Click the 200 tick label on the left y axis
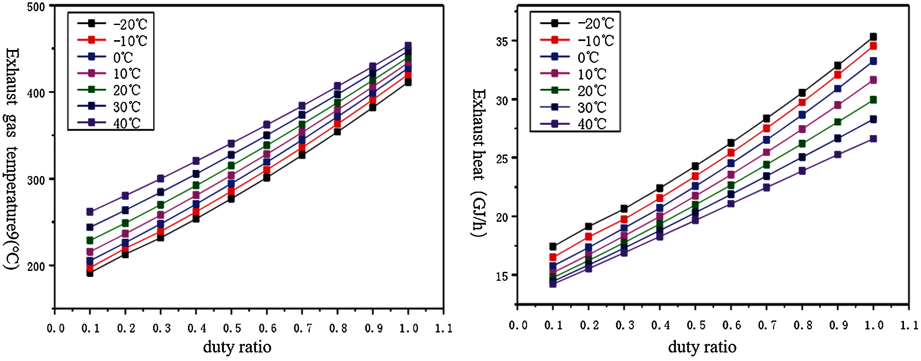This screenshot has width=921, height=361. coord(36,266)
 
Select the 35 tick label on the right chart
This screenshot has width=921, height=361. coord(502,42)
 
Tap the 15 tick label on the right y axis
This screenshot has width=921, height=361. coord(502,276)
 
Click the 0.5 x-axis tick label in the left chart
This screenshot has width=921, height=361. coord(232,328)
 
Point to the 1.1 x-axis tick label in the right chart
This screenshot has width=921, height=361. coord(909,325)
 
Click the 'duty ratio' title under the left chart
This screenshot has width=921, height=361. coord(237,347)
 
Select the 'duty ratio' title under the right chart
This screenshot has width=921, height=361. coord(702,347)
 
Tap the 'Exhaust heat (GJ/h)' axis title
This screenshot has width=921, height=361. coord(479,163)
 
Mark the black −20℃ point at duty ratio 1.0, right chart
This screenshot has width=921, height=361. coord(873,37)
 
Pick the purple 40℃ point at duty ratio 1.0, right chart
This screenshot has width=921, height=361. coord(873,139)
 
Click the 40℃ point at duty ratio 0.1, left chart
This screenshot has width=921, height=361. coord(90,212)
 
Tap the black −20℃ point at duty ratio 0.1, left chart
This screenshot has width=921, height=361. coord(90,273)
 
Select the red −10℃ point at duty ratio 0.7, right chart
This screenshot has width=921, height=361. coord(767,128)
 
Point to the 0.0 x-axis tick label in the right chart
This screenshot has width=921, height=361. coord(518,325)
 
